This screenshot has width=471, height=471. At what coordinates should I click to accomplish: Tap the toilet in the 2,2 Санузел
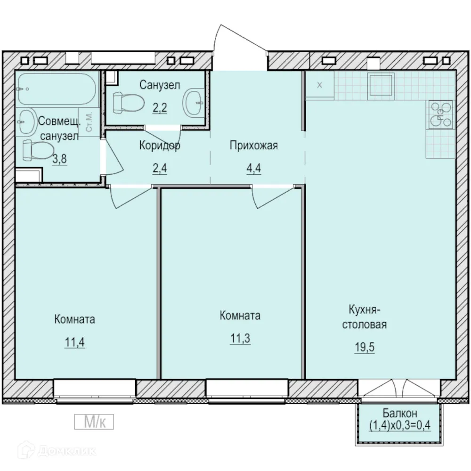129,103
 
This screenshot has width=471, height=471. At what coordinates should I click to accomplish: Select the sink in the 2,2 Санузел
194,102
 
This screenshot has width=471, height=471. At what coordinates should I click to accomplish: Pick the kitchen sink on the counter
381,81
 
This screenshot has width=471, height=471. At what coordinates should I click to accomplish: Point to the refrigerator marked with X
320,85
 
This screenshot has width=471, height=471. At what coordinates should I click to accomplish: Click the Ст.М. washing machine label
89,122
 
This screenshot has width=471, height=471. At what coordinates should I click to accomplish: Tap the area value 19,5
365,347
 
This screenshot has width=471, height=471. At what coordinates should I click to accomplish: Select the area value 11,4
75,342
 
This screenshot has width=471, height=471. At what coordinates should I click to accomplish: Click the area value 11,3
240,338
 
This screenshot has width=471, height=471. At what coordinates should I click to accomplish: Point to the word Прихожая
254,146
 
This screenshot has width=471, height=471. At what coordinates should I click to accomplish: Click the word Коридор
160,146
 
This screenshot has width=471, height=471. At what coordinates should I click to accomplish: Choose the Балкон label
400,414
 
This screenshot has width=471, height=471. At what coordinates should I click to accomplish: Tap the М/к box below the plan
94,422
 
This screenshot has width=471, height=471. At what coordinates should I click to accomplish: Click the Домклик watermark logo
57,451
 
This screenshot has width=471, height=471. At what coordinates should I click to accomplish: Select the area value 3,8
59,159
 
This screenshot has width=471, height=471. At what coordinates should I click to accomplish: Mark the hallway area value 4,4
254,168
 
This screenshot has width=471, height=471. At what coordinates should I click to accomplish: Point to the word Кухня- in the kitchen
365,310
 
